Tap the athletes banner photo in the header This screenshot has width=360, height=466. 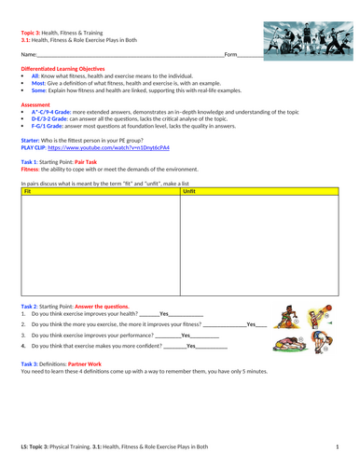pyautogui.click(x=304, y=42)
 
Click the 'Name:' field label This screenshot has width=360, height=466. pyautogui.click(x=29, y=57)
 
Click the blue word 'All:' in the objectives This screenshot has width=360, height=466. pyautogui.click(x=35, y=76)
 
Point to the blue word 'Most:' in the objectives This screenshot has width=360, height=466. pyautogui.click(x=38, y=83)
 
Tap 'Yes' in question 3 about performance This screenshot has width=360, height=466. pyautogui.click(x=186, y=335)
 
